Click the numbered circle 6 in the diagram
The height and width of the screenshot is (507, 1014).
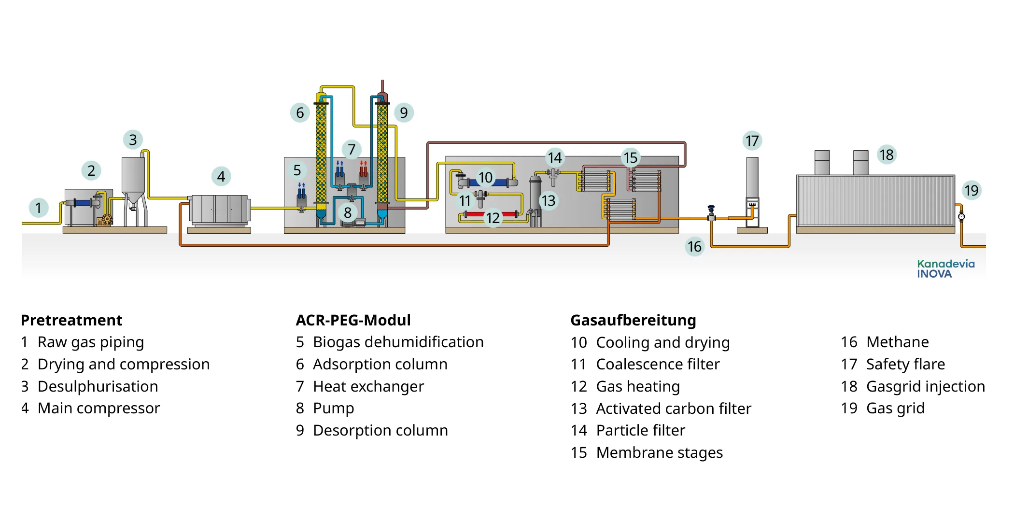pos(300,113)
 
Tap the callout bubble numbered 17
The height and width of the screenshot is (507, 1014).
pos(752,141)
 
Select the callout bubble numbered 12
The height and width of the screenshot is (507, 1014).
pos(493,218)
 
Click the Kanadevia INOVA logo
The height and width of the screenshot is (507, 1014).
pos(945,268)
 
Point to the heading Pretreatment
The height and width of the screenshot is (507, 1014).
pos(71,320)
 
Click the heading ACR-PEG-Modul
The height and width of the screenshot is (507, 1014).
pos(353,320)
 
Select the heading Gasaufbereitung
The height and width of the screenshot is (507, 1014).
pos(633,320)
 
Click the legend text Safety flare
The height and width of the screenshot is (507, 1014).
pos(905,364)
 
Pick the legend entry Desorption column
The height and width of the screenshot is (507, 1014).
pos(380,430)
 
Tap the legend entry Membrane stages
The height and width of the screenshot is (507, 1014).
pos(659,452)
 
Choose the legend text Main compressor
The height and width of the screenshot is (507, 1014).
pos(99,408)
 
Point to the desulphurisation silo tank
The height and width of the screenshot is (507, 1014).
pos(133,176)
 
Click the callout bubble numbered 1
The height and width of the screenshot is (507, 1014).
pos(39,208)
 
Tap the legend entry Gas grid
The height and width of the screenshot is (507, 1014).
pos(895,408)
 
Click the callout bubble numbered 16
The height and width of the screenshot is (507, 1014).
pos(694,247)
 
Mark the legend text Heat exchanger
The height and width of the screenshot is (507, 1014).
pos(368,386)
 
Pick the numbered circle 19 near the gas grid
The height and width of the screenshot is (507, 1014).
pos(971,191)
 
